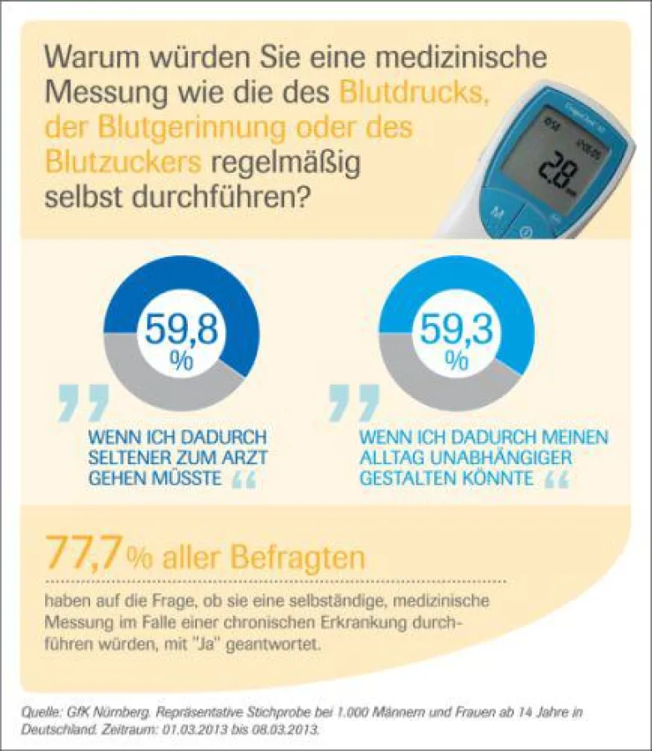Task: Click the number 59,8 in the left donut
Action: [181, 330]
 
